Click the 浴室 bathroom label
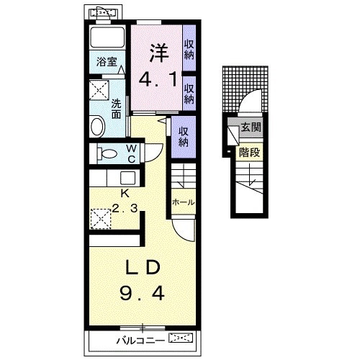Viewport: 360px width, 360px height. [107, 62]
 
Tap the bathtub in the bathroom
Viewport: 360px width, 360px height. [107, 38]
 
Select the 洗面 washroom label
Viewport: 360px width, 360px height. [116, 109]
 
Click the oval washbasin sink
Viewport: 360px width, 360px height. [97, 127]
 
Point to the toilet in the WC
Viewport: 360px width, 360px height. [107, 153]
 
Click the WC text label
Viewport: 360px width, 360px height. [132, 154]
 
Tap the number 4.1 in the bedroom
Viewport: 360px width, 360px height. [158, 79]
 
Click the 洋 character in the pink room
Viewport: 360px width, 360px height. [160, 53]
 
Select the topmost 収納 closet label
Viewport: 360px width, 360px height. [189, 50]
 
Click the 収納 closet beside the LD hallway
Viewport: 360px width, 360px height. [184, 137]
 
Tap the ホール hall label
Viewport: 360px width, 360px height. [184, 202]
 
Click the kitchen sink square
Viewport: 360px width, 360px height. [127, 178]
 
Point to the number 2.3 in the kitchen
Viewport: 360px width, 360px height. [125, 208]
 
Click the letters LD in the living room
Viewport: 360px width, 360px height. [143, 267]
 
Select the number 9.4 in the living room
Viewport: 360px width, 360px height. [142, 294]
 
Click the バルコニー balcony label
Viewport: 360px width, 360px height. [140, 341]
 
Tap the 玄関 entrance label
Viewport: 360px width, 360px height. [251, 127]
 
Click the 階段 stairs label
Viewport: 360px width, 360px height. [249, 152]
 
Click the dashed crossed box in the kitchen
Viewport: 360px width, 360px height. [101, 219]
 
